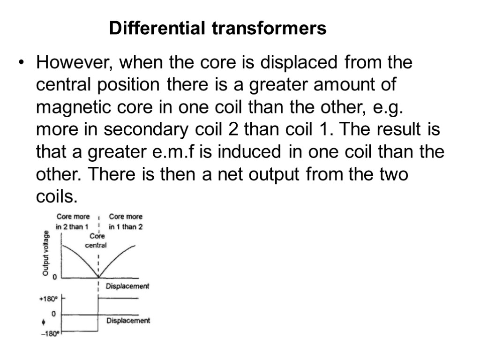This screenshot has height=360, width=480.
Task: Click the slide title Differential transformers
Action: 217,29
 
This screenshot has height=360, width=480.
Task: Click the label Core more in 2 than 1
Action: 73,221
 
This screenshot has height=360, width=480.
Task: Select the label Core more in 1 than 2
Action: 126,221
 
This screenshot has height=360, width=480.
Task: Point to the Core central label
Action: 97,240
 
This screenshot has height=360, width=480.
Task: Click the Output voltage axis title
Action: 46,253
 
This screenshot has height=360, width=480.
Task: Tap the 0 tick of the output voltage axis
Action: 55,277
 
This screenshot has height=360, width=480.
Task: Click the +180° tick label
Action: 49,298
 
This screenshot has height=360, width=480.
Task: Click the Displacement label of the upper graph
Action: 127,286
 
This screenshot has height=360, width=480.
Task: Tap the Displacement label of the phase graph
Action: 128,321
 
